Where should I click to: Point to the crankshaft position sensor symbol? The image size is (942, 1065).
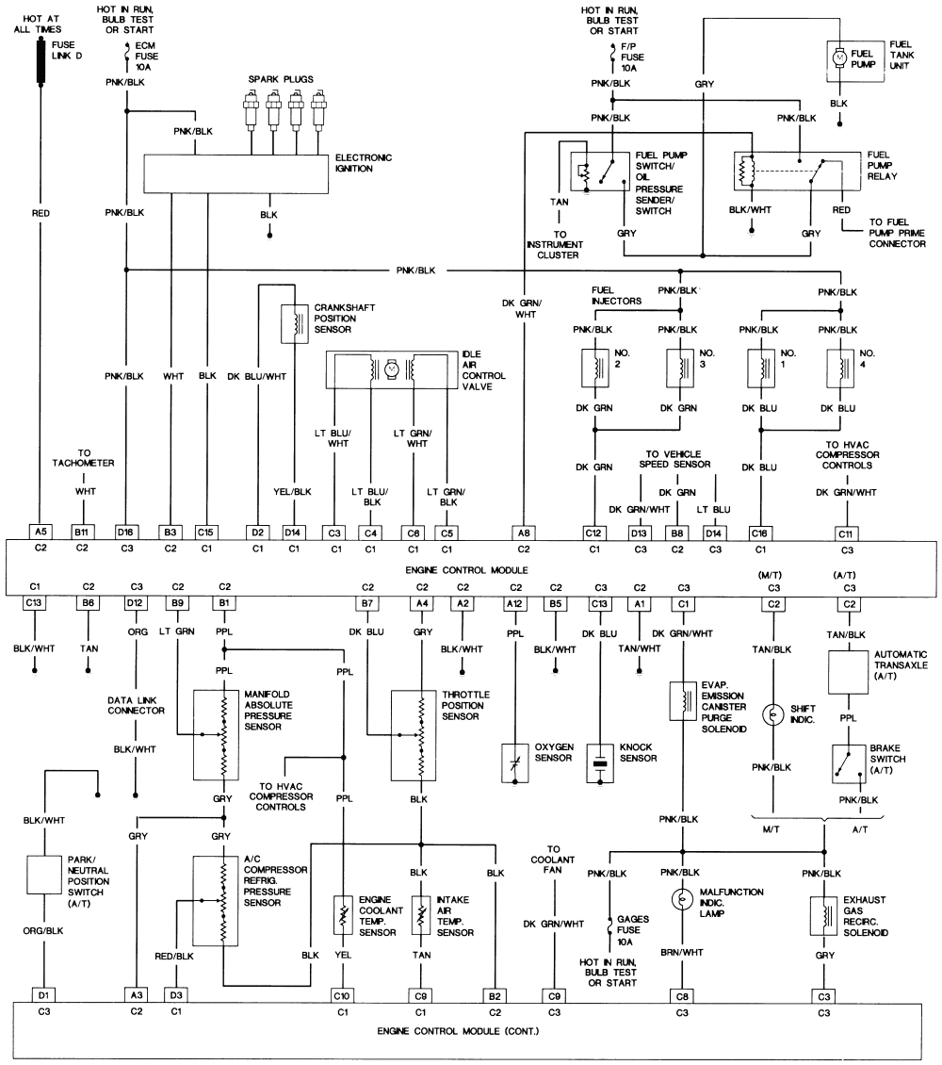pos(297,324)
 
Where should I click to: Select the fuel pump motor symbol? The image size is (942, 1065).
pos(840,57)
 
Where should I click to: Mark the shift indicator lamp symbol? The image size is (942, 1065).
pos(773,713)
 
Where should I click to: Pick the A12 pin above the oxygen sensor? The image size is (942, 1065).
pos(514,602)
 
